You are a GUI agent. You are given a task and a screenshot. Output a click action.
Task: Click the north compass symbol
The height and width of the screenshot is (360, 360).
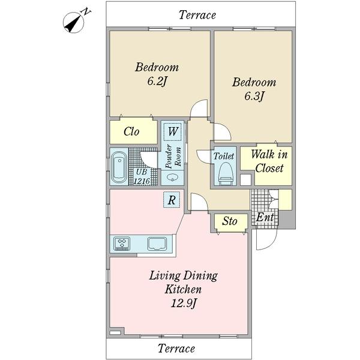74,23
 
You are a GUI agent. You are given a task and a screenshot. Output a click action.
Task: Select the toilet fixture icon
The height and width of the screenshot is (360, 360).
225,173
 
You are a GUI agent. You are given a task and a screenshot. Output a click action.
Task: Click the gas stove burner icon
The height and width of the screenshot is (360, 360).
122,244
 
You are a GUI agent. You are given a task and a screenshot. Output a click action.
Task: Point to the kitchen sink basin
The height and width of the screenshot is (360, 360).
157,244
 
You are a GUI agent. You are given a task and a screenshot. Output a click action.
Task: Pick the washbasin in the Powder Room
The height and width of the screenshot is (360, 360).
172,178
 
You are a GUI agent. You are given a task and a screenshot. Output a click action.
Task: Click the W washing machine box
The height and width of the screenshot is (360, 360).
173,131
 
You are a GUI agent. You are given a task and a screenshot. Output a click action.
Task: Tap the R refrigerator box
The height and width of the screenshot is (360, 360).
172,200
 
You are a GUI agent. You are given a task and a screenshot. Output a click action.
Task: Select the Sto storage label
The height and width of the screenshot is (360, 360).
230,221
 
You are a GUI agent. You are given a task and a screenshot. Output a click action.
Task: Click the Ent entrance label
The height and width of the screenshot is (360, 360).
265,217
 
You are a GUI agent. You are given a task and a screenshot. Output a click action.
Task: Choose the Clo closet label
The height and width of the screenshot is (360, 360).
131,131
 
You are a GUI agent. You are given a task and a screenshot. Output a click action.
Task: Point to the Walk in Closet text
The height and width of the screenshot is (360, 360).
269,161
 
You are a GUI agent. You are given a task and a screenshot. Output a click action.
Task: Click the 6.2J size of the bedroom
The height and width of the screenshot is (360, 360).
157,82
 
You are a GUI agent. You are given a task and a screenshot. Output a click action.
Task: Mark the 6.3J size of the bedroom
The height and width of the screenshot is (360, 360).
254,97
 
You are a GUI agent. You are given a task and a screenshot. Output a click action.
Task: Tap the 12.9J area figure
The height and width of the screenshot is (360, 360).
184,304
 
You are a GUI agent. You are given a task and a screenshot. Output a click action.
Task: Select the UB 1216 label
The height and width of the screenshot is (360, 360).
142,176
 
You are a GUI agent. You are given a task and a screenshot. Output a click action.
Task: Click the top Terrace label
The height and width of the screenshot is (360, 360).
197,15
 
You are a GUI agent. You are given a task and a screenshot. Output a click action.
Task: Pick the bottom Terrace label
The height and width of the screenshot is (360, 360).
176,348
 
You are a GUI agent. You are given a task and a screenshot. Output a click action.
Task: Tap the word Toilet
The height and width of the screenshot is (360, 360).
224,156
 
